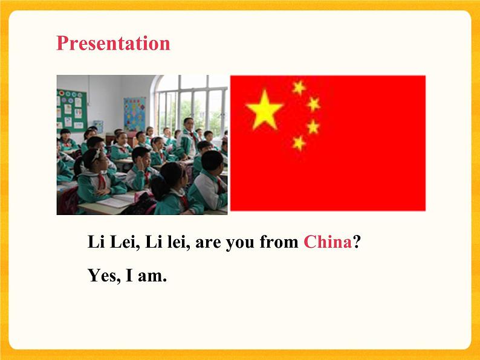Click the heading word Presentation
pos(113,43)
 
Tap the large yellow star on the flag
pos(264,109)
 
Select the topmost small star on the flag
pos(299,88)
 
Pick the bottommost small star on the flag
pos(299,143)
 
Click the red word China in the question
pos(328,242)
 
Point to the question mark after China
pos(357,242)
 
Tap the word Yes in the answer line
pos(103,276)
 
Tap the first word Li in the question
pos(96,242)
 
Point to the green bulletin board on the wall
pos(71,111)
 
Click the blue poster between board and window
pos(134,113)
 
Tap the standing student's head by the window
pos(189,123)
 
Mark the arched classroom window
pos(192,103)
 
